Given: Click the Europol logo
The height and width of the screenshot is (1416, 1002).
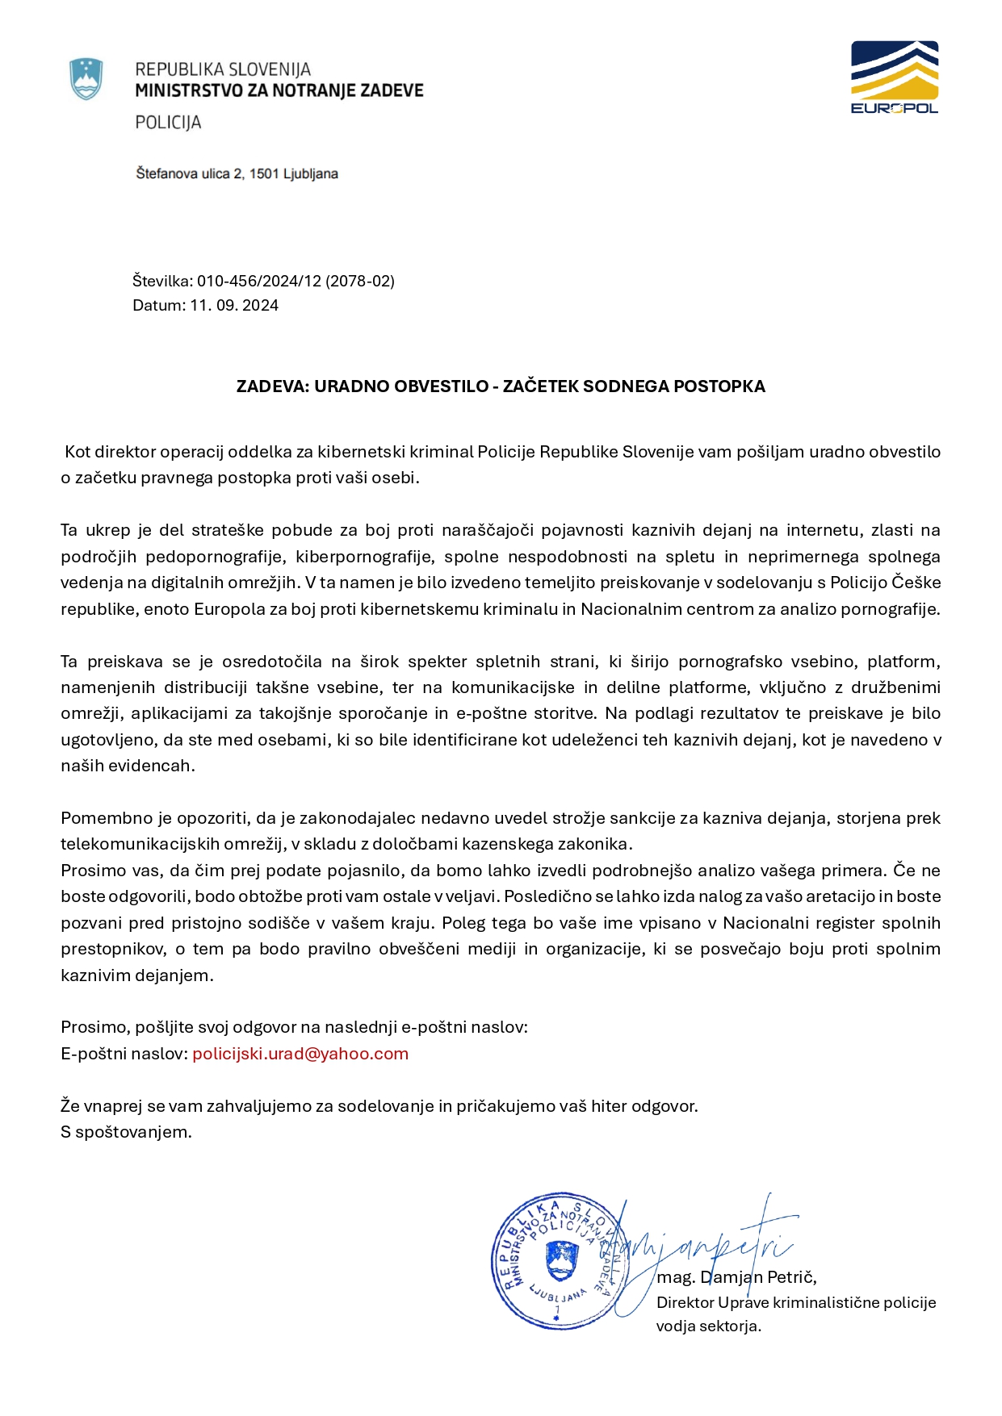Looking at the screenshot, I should click(x=894, y=77).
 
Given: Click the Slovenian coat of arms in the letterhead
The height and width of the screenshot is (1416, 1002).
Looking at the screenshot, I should click(x=86, y=79).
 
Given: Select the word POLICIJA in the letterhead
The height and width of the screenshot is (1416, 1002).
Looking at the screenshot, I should click(x=168, y=123).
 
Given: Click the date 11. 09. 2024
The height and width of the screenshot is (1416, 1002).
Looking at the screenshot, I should click(x=234, y=305).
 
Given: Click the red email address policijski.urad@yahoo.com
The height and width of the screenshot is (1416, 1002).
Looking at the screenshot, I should click(x=300, y=1054).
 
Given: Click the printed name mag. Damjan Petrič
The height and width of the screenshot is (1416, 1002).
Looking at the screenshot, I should click(x=736, y=1277).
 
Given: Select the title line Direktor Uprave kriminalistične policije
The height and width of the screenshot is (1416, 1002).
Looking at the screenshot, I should click(x=796, y=1302).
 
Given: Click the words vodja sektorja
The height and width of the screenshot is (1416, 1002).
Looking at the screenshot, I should click(x=708, y=1326).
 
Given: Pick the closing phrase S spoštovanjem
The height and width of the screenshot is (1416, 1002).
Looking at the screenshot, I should click(x=126, y=1132).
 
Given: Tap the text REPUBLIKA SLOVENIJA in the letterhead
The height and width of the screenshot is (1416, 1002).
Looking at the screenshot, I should click(x=223, y=69).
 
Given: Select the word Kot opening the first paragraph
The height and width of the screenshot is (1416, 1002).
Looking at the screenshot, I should click(x=78, y=452).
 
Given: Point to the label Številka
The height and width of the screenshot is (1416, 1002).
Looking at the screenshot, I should click(x=161, y=281).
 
